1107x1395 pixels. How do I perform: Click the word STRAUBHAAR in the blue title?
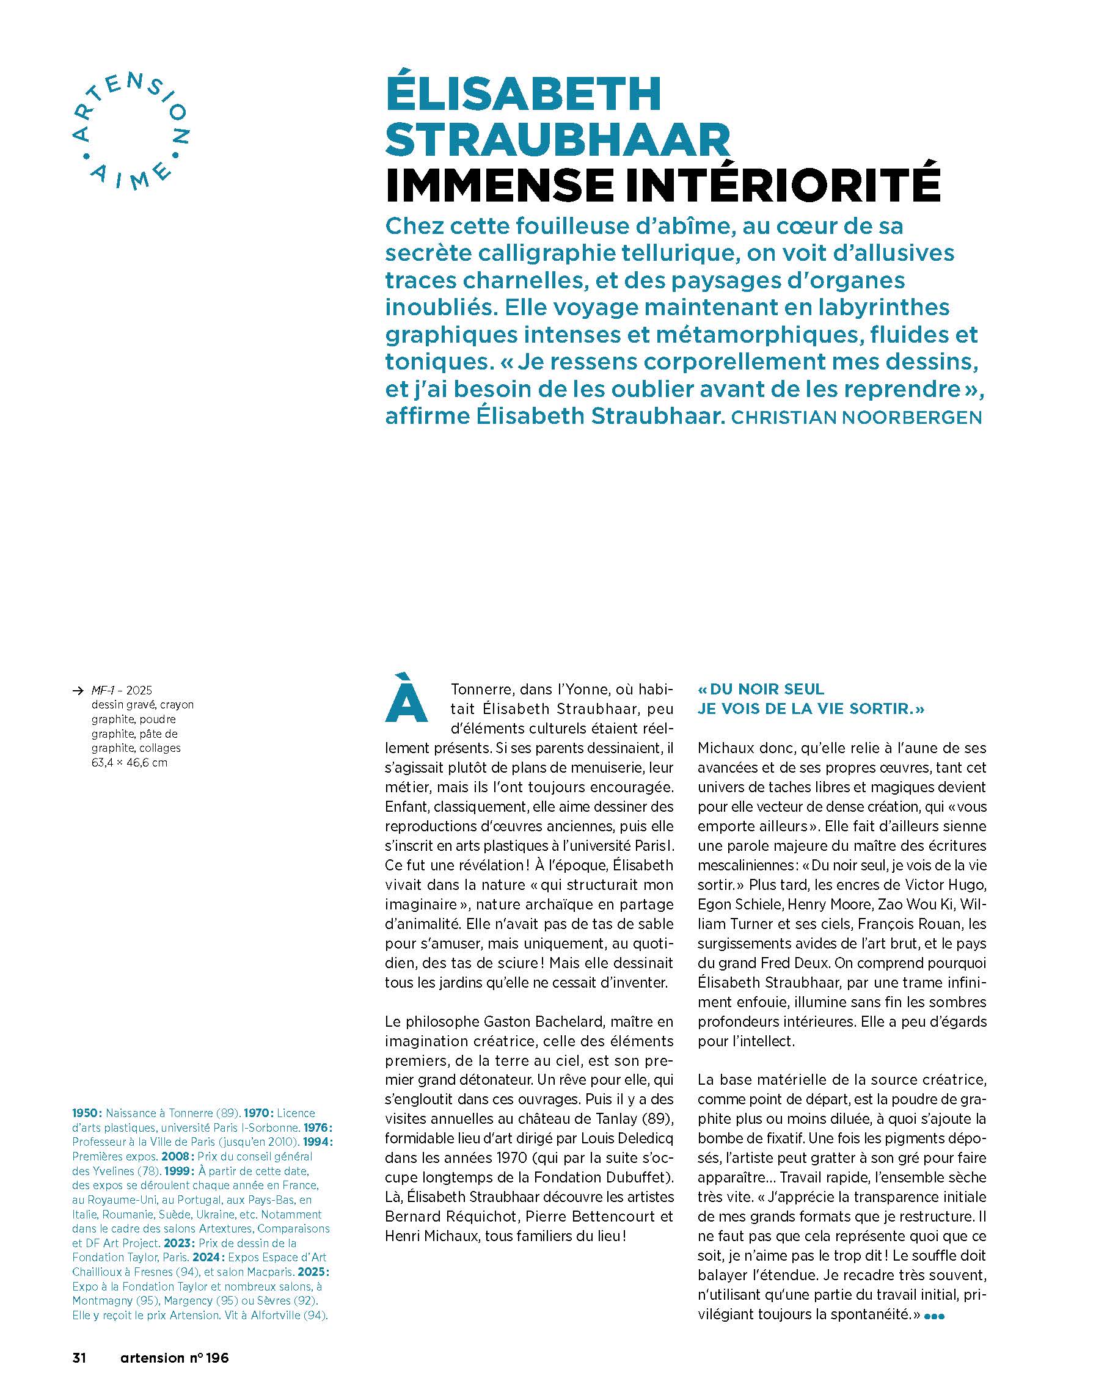[557, 140]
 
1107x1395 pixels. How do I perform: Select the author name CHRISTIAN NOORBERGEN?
[856, 418]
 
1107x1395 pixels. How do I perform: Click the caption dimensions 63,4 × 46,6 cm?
[130, 763]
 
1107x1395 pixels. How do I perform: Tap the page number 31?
[79, 1358]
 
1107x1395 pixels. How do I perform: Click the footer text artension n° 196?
[175, 1358]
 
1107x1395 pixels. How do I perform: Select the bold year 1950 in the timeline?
[87, 1113]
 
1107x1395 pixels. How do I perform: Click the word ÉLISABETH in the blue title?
[523, 95]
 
